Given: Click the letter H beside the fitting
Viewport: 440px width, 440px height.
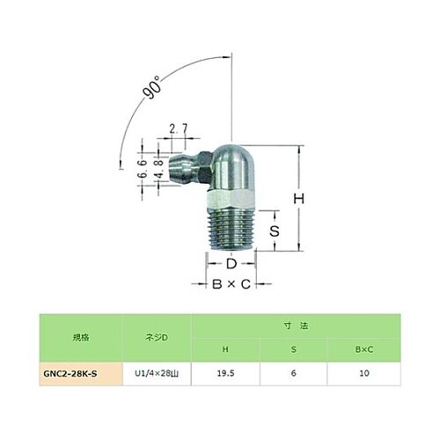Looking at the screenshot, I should tap(299, 200).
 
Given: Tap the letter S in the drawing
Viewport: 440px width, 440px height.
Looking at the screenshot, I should tap(273, 231).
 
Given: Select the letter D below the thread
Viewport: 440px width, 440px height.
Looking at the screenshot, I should tap(230, 263).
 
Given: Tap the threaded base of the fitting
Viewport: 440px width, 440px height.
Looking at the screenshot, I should tap(230, 231).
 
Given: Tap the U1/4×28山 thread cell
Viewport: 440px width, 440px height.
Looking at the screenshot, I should tap(159, 373).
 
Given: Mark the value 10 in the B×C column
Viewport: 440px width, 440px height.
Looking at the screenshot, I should tap(364, 373).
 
